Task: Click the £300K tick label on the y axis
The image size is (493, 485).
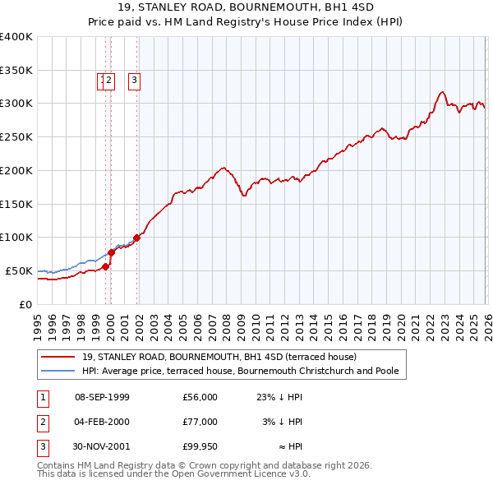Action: click(x=16, y=104)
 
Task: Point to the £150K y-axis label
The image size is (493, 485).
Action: click(x=16, y=204)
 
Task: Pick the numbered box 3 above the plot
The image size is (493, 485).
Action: click(x=134, y=81)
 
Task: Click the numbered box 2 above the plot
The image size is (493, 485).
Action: click(x=109, y=81)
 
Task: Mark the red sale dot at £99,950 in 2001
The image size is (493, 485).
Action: click(x=137, y=238)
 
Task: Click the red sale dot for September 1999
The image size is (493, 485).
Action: click(x=105, y=266)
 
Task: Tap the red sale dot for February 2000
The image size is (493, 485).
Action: click(x=111, y=252)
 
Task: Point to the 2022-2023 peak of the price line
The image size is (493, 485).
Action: click(x=442, y=92)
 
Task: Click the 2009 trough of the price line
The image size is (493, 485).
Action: click(x=244, y=196)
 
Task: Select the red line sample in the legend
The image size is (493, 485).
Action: click(x=58, y=358)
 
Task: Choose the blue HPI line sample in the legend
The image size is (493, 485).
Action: click(x=58, y=372)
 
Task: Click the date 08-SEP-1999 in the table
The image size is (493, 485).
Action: click(x=102, y=397)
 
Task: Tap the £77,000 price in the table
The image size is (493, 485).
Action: click(x=200, y=422)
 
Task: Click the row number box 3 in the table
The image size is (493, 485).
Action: click(x=41, y=446)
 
